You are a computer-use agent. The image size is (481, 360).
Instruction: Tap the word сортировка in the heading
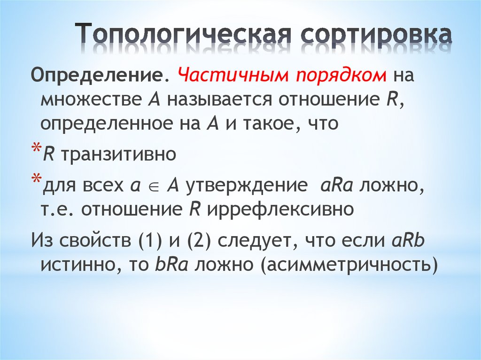[x=376, y=35]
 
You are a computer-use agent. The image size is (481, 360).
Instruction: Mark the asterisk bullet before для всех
[x=36, y=181]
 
